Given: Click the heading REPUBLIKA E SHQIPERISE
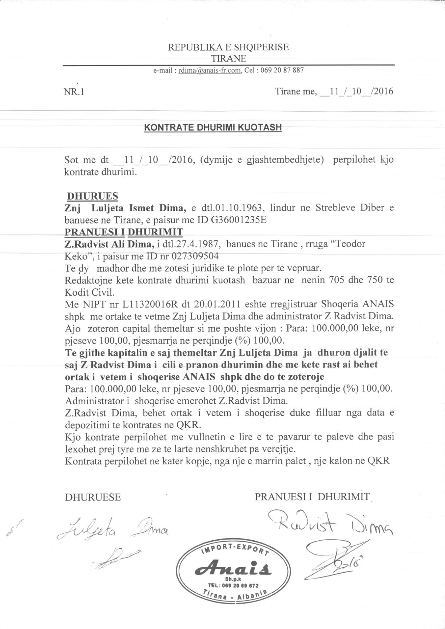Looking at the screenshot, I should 228,47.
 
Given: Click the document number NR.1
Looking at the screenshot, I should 74,92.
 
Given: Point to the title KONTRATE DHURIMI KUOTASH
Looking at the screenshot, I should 213,128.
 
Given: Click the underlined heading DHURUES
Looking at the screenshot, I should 93,196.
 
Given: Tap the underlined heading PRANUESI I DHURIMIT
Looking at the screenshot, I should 124,232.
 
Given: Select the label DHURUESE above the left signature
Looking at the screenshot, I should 93,497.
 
